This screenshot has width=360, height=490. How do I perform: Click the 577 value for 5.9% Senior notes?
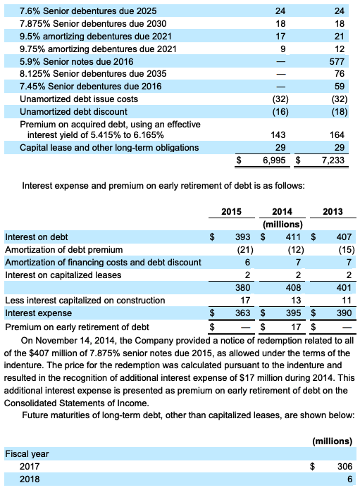pyautogui.click(x=342, y=61)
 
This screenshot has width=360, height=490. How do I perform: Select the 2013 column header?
pyautogui.click(x=333, y=211)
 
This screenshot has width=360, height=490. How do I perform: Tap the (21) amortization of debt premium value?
pyautogui.click(x=244, y=250)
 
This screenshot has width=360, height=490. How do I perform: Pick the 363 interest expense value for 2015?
pyautogui.click(x=242, y=313)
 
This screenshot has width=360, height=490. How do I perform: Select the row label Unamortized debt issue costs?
pyautogui.click(x=78, y=99)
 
